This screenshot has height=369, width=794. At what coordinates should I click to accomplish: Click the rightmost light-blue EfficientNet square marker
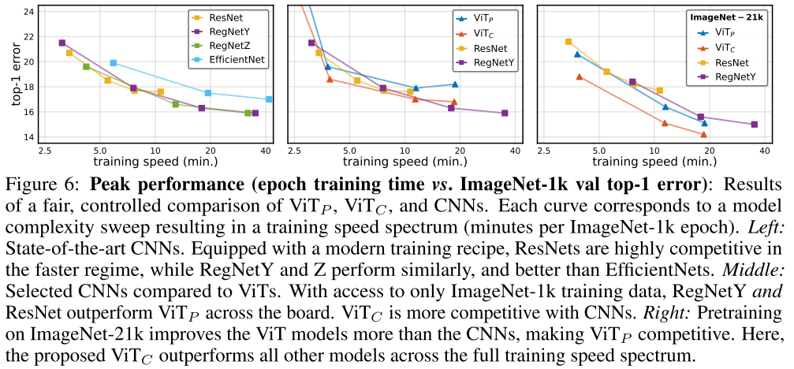click(x=269, y=99)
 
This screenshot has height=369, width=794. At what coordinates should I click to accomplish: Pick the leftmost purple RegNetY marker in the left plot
click(x=62, y=43)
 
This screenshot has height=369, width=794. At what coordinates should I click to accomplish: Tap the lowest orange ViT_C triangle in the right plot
click(x=703, y=134)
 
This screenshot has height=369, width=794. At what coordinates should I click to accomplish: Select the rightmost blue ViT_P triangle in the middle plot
click(x=455, y=84)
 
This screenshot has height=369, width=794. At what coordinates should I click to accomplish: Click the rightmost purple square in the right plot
click(x=755, y=124)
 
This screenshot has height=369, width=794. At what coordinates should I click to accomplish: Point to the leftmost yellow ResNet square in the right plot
click(x=568, y=42)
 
